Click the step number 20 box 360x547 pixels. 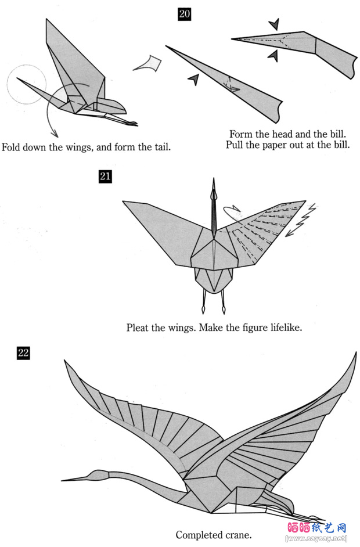point(184,13)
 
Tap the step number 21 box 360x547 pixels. point(105,177)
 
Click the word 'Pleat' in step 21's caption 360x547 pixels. point(139,328)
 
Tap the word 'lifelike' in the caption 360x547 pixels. point(283,328)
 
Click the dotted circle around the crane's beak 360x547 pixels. point(26,84)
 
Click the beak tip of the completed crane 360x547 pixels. point(63,480)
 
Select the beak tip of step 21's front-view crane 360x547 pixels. point(214,180)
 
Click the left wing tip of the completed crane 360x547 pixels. point(66,361)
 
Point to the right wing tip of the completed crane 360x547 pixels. point(355,353)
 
